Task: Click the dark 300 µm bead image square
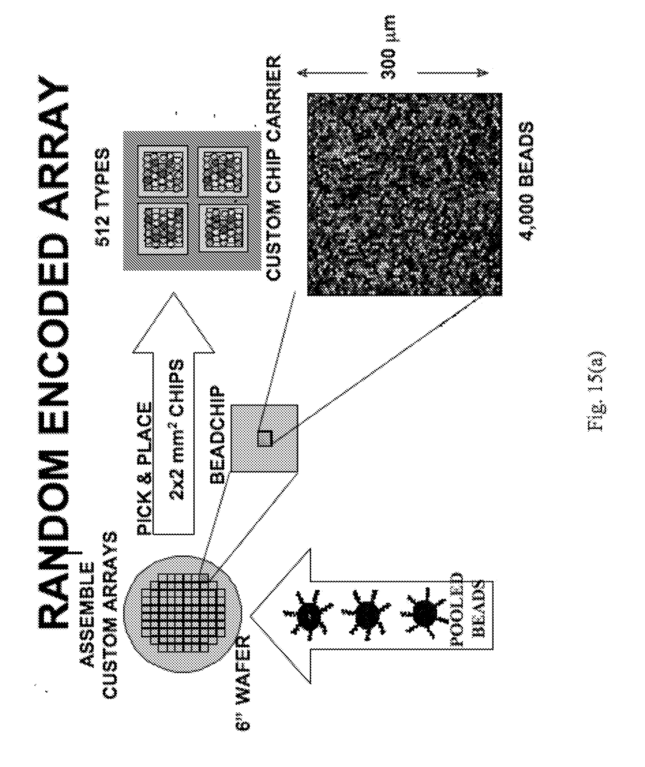tap(404, 194)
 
